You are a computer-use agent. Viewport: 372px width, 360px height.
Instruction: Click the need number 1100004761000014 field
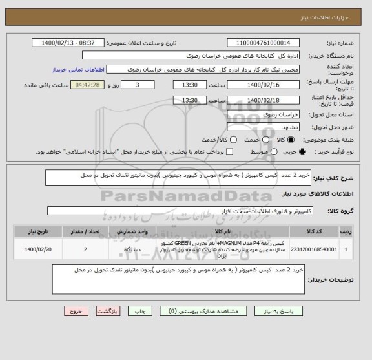click(x=262, y=43)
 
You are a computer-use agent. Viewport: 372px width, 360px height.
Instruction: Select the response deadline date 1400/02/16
click(x=262, y=85)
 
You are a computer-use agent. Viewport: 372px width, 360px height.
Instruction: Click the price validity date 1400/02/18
click(x=262, y=100)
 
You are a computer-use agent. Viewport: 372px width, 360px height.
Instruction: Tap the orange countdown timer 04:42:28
click(x=87, y=85)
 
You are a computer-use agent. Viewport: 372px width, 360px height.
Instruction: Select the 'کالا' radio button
click(x=291, y=140)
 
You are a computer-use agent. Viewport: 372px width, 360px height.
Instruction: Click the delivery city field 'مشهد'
click(x=262, y=127)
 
